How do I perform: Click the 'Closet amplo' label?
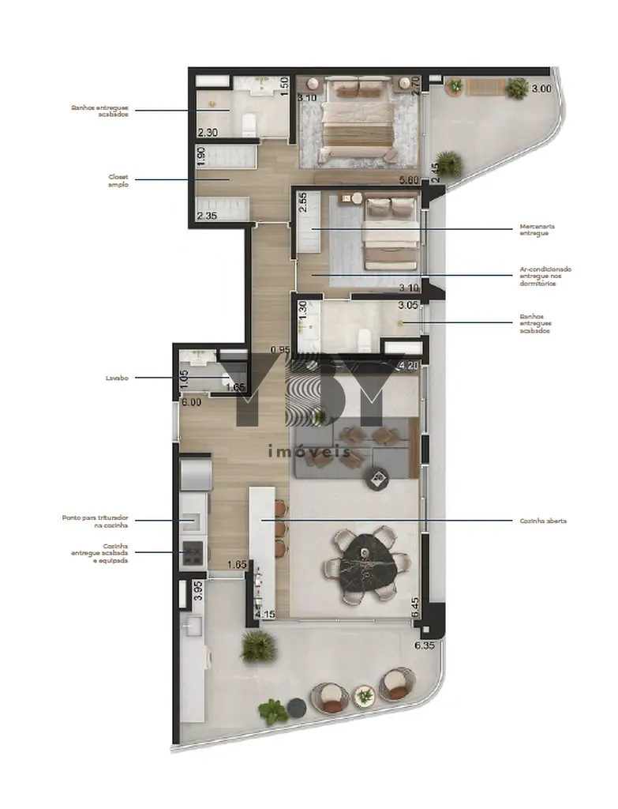point(118,180)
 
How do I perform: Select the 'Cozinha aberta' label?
point(543,521)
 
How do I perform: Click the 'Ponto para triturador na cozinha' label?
point(96,521)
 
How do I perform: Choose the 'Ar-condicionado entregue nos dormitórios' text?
point(545,277)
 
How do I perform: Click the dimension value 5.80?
point(409,181)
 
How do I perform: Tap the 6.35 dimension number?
point(425,645)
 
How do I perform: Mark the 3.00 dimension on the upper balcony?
point(541,89)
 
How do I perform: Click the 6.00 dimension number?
point(192,402)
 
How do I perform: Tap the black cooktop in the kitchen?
point(193,555)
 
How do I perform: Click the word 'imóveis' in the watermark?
point(309,453)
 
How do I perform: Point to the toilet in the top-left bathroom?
point(249,123)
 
